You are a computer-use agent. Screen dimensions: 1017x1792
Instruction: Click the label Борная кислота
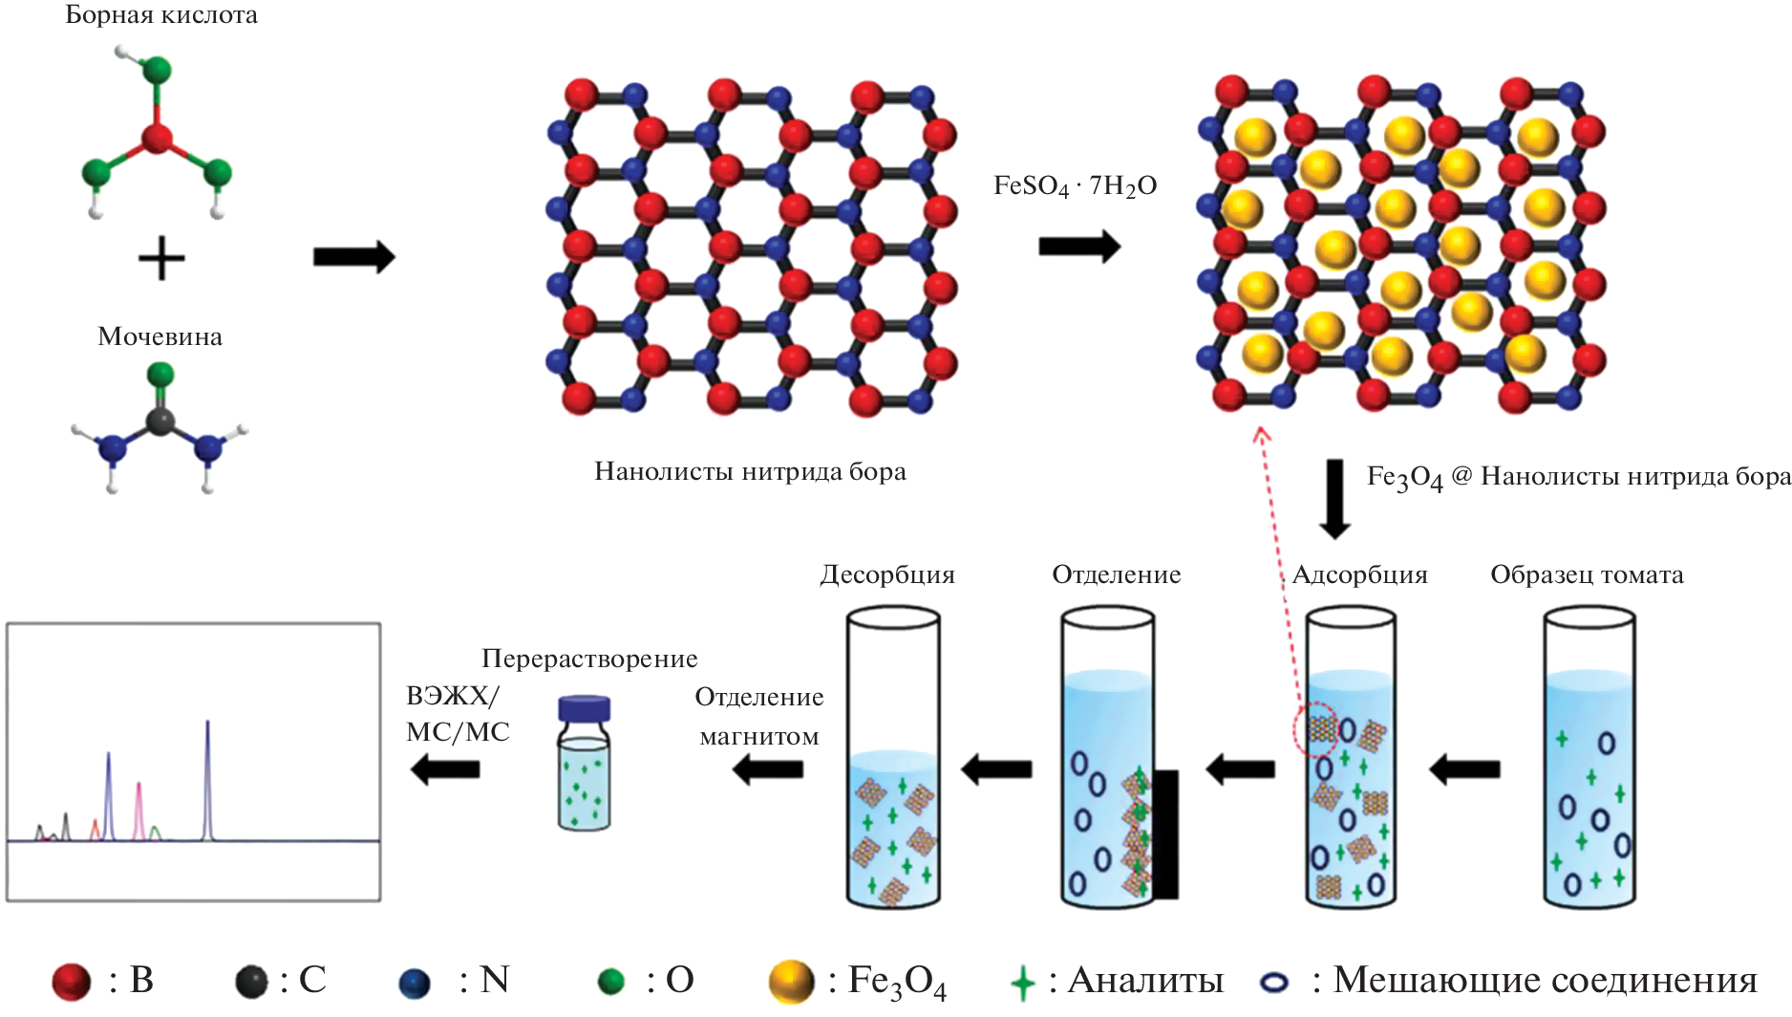coord(160,15)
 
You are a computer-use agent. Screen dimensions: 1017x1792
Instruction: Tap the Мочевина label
coord(160,336)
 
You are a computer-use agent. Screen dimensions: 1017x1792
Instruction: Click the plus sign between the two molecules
coord(160,259)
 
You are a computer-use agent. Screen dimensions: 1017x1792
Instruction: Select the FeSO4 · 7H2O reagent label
coord(1075,185)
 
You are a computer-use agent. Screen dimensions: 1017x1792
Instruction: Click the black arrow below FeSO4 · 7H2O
coord(1078,247)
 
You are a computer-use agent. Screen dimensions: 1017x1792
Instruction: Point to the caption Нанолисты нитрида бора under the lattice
coord(750,471)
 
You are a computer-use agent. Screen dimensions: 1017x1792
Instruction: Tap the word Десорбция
coord(887,574)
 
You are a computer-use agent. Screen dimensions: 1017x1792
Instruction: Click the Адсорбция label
coord(1359,574)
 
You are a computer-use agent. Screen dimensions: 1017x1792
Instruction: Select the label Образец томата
coord(1587,574)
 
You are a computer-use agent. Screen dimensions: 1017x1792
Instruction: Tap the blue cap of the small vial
coord(584,708)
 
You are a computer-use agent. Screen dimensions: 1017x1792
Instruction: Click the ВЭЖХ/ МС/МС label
coord(457,713)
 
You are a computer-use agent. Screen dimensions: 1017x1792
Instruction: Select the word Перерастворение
coord(589,659)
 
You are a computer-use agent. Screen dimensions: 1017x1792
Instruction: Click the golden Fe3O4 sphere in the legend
coord(791,982)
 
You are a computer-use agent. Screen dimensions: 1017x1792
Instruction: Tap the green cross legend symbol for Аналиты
coord(1022,982)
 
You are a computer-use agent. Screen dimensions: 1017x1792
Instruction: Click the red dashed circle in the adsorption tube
coord(1314,729)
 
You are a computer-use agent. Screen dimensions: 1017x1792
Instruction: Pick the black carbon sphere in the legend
coord(252,982)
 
